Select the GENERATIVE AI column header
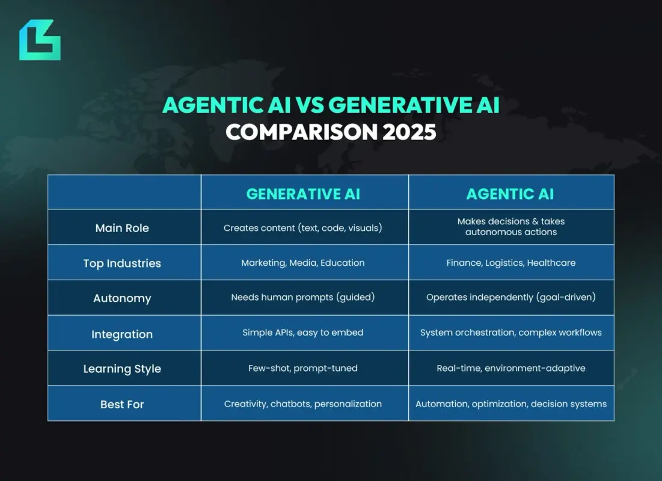click(x=304, y=194)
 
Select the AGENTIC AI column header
click(x=510, y=194)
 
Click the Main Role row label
click(x=122, y=228)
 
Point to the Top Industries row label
click(x=122, y=263)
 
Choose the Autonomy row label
click(x=122, y=298)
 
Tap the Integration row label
click(x=122, y=334)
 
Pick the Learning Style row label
click(x=122, y=369)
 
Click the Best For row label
click(x=122, y=404)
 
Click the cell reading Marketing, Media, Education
click(x=303, y=263)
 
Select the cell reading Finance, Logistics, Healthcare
click(x=510, y=263)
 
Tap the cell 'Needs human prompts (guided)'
click(x=303, y=298)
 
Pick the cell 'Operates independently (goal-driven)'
click(x=510, y=298)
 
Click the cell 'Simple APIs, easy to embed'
click(x=303, y=332)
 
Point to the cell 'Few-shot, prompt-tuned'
click(x=303, y=368)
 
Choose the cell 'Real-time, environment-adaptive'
click(x=510, y=368)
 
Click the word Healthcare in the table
click(x=551, y=263)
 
